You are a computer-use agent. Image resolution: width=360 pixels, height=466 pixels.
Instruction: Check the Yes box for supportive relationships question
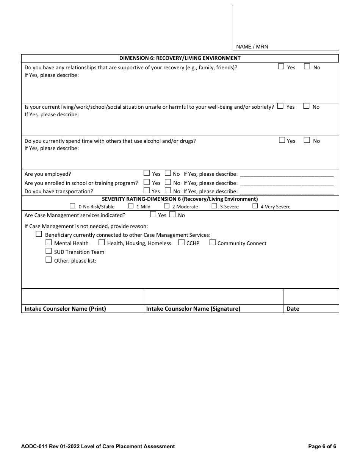click(281, 67)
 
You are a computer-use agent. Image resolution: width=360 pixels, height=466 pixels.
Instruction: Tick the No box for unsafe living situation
click(306, 106)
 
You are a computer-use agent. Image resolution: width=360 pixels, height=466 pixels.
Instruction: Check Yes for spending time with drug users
click(282, 140)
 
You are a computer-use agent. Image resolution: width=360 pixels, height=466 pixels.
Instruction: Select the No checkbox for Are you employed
click(168, 173)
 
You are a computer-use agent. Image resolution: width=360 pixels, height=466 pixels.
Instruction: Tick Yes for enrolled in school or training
click(147, 182)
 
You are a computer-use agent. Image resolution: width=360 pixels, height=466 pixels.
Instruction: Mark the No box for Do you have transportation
click(168, 191)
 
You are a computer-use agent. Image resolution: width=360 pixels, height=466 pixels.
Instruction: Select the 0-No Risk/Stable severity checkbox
click(73, 206)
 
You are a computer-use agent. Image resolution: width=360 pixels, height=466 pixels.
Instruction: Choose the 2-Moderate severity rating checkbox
click(167, 206)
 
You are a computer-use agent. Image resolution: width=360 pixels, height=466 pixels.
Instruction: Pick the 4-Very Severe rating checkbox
click(255, 206)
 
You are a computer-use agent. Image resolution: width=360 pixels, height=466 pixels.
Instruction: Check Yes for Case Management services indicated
click(153, 214)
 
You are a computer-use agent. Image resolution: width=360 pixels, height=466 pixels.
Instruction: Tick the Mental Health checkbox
click(49, 242)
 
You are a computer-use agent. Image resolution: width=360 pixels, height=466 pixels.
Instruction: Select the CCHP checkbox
click(181, 242)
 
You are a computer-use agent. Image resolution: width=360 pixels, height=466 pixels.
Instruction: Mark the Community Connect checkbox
click(212, 242)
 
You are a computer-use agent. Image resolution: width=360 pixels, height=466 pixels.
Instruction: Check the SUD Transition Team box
click(49, 251)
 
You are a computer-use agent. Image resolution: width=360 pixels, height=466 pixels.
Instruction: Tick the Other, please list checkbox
click(49, 260)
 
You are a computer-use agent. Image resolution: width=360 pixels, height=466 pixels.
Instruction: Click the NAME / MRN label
click(252, 47)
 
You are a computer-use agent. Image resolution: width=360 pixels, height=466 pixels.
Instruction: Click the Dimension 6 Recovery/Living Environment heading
click(180, 58)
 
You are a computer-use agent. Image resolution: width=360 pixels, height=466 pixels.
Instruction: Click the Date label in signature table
click(293, 309)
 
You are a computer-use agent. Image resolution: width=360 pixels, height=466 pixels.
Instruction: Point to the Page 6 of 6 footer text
click(322, 446)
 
